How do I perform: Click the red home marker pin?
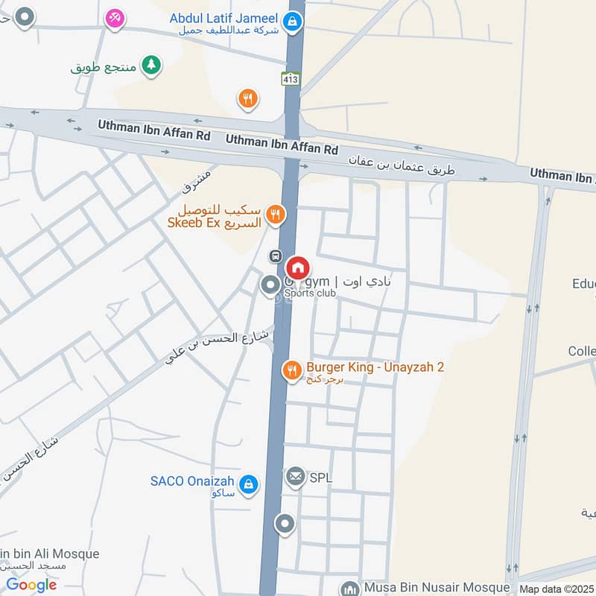[298, 267]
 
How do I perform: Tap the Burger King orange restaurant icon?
[291, 369]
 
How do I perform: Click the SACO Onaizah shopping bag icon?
[248, 486]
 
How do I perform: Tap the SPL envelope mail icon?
[296, 475]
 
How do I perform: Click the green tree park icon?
[151, 65]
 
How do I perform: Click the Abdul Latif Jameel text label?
[223, 18]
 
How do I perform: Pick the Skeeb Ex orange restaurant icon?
[276, 215]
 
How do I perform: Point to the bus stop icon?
[276, 256]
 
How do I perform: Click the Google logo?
[31, 585]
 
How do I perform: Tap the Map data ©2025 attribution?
[557, 589]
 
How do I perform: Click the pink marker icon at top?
[114, 16]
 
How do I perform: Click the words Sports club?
[310, 294]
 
